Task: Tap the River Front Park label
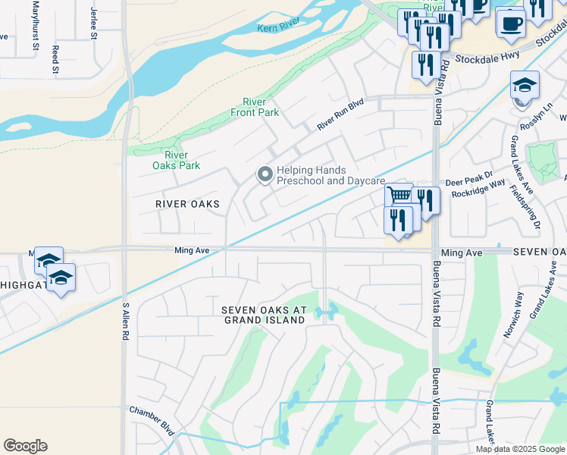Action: pyautogui.click(x=255, y=108)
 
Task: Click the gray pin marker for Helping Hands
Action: pyautogui.click(x=265, y=175)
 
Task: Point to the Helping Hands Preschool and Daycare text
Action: pyautogui.click(x=330, y=176)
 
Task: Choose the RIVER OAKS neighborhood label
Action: pyautogui.click(x=187, y=204)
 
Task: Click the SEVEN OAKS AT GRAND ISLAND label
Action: pyautogui.click(x=264, y=315)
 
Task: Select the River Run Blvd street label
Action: pyautogui.click(x=341, y=114)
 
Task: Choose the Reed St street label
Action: pyautogui.click(x=55, y=59)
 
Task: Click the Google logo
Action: pyautogui.click(x=25, y=446)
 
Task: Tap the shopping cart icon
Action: pyautogui.click(x=399, y=196)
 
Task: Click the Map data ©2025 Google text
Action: pyautogui.click(x=520, y=449)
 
